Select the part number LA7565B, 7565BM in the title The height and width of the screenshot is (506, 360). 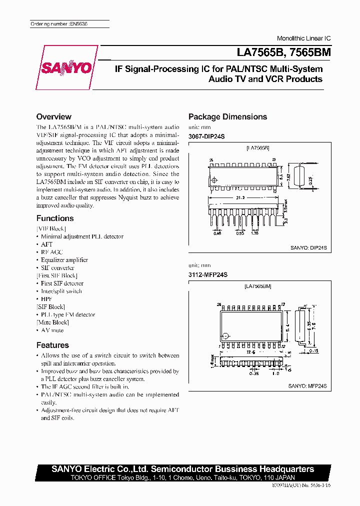pyautogui.click(x=280, y=51)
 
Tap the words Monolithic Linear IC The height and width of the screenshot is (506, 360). pyautogui.click(x=304, y=38)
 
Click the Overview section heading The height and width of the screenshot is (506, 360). pyautogui.click(x=54, y=116)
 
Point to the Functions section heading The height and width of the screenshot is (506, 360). pyautogui.click(x=55, y=218)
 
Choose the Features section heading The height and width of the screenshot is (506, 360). pyautogui.click(x=52, y=345)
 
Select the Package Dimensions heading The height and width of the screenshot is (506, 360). pyautogui.click(x=227, y=117)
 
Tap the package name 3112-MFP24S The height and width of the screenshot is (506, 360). pyautogui.click(x=207, y=274)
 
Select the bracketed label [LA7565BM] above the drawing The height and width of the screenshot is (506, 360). pyautogui.click(x=258, y=286)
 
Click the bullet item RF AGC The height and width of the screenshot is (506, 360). pyautogui.click(x=51, y=252)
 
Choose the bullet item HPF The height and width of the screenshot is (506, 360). pyautogui.click(x=46, y=298)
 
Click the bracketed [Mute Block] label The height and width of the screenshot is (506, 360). pyautogui.click(x=52, y=322)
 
